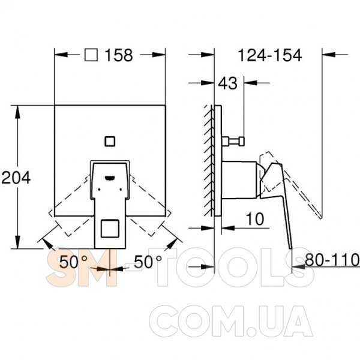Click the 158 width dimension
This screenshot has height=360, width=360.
[119, 55]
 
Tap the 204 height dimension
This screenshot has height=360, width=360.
[16, 178]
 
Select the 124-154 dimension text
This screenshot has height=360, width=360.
[270, 55]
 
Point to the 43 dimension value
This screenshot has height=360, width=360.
[227, 83]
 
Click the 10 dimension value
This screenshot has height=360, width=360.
[255, 219]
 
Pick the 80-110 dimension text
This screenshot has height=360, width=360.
[332, 260]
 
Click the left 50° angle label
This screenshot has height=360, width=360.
[73, 262]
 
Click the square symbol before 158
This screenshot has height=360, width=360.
[91, 55]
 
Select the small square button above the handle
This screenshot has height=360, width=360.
[110, 141]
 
